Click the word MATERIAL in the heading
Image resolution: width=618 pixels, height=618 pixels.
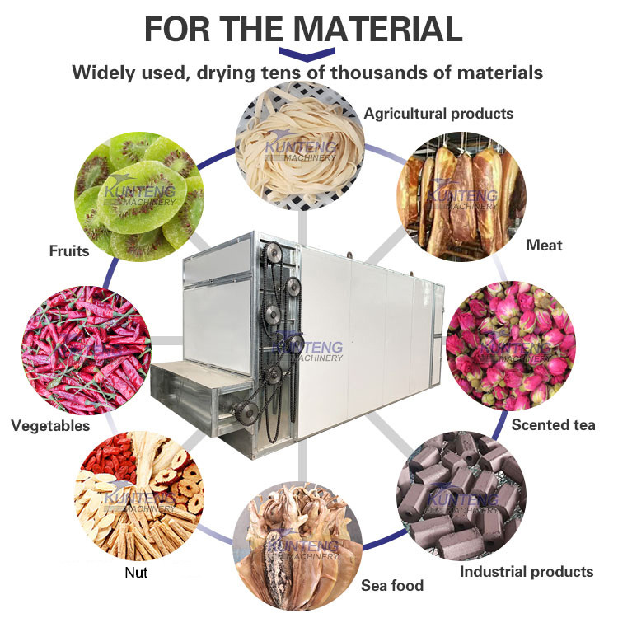(x=377, y=29)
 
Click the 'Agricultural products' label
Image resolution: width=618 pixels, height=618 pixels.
(x=438, y=114)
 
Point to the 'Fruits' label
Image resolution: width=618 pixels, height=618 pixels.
(x=69, y=251)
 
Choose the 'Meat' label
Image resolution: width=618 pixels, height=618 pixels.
(x=544, y=246)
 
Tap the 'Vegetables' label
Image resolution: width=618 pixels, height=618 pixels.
(x=50, y=426)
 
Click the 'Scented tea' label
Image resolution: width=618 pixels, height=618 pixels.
(x=554, y=425)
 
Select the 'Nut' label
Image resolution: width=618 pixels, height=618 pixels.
(x=136, y=573)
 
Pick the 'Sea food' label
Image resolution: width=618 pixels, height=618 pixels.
(x=392, y=585)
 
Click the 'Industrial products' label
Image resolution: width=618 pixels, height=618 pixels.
(x=527, y=572)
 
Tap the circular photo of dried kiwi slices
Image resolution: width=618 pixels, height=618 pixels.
(x=139, y=197)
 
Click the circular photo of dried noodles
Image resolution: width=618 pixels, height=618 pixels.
(x=300, y=146)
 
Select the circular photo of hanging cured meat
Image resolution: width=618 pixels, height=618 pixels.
(x=461, y=197)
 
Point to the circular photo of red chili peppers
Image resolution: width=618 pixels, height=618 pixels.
(x=87, y=350)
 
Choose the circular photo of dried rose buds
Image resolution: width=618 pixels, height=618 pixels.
(x=511, y=345)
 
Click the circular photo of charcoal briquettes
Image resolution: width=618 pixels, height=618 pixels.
(x=461, y=495)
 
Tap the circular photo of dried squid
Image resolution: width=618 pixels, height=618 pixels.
(x=297, y=546)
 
